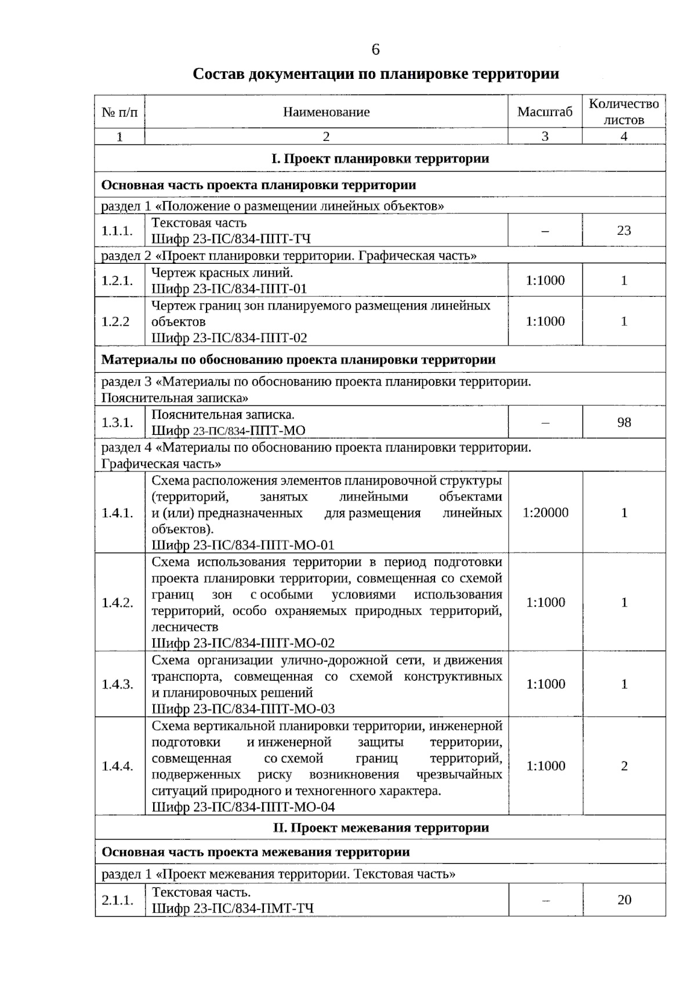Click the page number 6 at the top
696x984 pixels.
click(x=375, y=50)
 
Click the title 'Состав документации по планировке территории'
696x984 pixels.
click(x=376, y=74)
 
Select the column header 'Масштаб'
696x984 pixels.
click(x=545, y=112)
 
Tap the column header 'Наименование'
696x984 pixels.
click(x=326, y=112)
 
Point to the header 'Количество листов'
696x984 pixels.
click(x=623, y=112)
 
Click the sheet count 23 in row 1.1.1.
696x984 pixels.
click(x=623, y=231)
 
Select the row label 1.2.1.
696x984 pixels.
click(x=118, y=281)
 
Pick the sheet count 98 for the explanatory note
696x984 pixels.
click(x=623, y=422)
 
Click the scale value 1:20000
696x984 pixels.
click(x=545, y=513)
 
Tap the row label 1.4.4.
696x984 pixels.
click(x=118, y=766)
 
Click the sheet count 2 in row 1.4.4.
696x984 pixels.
click(x=624, y=766)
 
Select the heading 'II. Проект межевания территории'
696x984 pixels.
click(x=380, y=827)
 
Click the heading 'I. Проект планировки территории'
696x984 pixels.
click(x=380, y=158)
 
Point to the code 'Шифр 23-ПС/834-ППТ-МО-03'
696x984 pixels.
click(x=243, y=709)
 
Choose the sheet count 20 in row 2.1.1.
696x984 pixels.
click(x=624, y=900)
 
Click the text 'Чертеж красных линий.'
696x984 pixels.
click(x=222, y=272)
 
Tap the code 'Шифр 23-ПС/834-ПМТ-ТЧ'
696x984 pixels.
click(x=233, y=908)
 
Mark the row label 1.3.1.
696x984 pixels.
click(x=118, y=422)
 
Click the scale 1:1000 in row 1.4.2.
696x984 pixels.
click(x=545, y=602)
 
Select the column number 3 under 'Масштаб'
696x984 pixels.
click(x=545, y=137)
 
